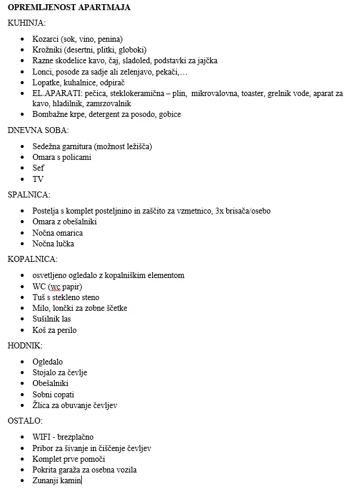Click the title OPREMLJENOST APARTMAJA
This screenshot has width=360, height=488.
[69, 7]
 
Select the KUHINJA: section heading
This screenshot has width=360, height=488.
[26, 23]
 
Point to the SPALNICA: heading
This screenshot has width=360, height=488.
[29, 194]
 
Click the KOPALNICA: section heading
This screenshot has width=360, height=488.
[33, 259]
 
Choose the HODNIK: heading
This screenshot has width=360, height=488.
[25, 345]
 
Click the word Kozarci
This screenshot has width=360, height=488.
[46, 39]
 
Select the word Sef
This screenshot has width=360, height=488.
[38, 168]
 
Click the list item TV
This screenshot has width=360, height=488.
[38, 179]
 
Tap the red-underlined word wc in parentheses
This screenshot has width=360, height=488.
[57, 286]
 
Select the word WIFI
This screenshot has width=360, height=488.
[43, 437]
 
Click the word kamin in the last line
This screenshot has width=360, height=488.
[70, 480]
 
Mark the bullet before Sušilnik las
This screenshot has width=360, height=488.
[23, 319]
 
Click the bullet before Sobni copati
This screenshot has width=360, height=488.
[23, 394]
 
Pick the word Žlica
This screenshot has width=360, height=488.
[42, 405]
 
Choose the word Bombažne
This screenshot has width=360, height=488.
[50, 114]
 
